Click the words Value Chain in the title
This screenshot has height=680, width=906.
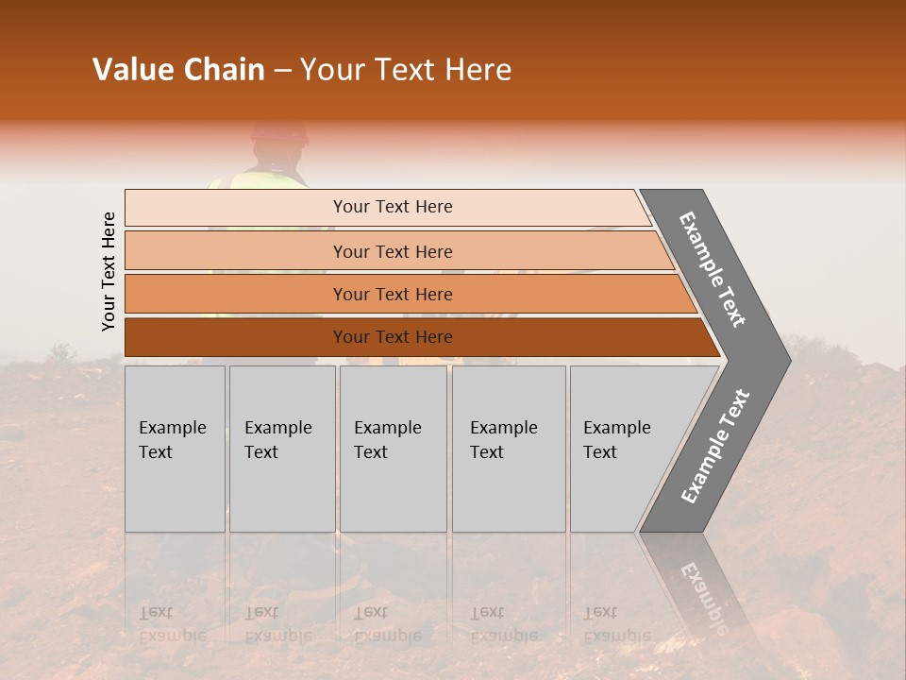(x=178, y=70)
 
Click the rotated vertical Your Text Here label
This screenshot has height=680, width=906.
(x=109, y=271)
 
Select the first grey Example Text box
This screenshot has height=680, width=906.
(x=175, y=449)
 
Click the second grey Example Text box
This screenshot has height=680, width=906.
(x=281, y=449)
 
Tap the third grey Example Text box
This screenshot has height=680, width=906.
(x=393, y=449)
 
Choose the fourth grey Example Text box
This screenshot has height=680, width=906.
(x=509, y=449)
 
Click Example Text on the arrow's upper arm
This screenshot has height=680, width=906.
(x=713, y=269)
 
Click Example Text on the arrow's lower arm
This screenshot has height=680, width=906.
(x=715, y=446)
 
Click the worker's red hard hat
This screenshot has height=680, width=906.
(x=279, y=132)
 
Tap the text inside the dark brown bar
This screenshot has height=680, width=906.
(x=393, y=337)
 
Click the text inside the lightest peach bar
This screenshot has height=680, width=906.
(x=393, y=207)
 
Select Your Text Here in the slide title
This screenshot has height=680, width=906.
(x=406, y=70)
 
